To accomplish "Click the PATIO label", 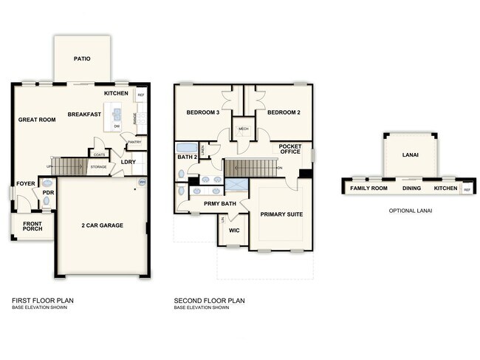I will (x=81, y=58).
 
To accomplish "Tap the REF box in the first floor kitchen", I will (x=141, y=95).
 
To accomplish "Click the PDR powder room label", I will (x=47, y=194).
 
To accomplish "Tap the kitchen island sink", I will (x=117, y=114).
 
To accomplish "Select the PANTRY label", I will (x=134, y=142).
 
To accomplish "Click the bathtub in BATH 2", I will (x=186, y=147).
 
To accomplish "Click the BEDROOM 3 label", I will (x=202, y=112).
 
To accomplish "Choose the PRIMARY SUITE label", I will (x=281, y=214).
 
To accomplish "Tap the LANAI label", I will (x=410, y=156).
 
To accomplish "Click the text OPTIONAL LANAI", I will (x=409, y=211).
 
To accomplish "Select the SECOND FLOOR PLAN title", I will (x=209, y=301).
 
